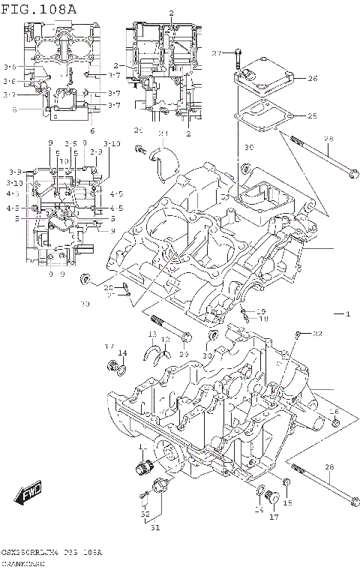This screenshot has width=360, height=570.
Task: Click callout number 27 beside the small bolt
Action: click(x=217, y=53)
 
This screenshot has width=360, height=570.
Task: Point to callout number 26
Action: click(x=313, y=78)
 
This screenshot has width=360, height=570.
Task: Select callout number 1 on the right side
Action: click(x=347, y=313)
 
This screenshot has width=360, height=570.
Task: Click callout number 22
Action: click(x=317, y=333)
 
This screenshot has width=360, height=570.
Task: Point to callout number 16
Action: click(x=334, y=412)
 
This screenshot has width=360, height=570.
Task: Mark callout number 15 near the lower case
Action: click(x=287, y=502)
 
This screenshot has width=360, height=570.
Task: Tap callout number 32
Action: click(x=145, y=514)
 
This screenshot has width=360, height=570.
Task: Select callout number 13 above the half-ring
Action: click(x=151, y=334)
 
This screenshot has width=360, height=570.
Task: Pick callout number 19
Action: click(x=261, y=310)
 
